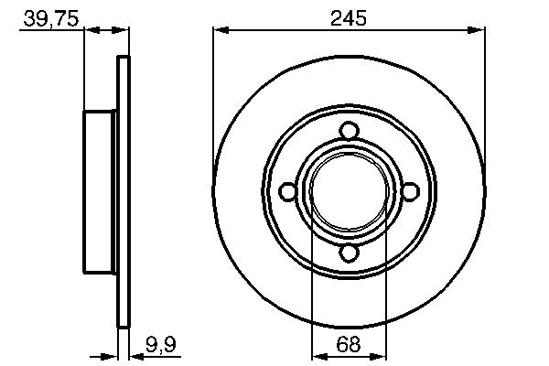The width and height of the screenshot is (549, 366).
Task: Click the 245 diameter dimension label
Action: click(x=349, y=17)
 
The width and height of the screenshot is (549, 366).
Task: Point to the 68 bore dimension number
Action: click(x=349, y=345)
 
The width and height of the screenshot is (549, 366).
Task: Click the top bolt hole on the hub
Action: click(x=349, y=130)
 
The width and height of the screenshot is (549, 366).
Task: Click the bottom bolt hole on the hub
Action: click(x=349, y=253)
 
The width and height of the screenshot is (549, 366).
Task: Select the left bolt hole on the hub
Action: click(x=287, y=191)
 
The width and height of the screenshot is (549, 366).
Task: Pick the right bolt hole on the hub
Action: click(x=410, y=191)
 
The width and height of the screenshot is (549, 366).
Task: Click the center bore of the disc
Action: click(x=349, y=191)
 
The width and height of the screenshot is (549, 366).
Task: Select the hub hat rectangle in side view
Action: click(x=102, y=191)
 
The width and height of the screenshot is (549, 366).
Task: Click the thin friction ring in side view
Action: click(x=124, y=191)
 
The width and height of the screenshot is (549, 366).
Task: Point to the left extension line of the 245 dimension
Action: click(x=213, y=91)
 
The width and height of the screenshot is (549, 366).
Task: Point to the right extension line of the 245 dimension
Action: click(x=484, y=91)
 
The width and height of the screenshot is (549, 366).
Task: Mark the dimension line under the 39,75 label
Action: click(x=106, y=31)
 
